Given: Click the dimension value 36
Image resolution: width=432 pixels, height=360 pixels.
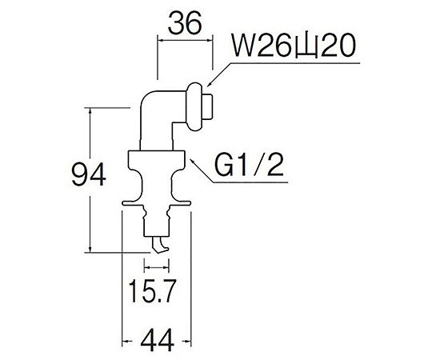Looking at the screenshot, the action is [x=185, y=23].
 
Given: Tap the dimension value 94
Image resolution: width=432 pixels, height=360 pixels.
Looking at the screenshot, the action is [x=89, y=174].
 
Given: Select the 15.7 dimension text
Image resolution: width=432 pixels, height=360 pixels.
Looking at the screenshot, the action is [x=152, y=291].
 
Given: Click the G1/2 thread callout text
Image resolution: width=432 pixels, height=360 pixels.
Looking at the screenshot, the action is [x=249, y=166].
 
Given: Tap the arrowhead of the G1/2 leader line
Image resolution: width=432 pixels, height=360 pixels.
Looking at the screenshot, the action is [x=192, y=161].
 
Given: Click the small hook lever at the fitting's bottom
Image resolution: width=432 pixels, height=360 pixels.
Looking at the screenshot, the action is [x=159, y=245].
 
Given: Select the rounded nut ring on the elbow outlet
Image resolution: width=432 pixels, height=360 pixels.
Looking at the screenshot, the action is [x=195, y=106].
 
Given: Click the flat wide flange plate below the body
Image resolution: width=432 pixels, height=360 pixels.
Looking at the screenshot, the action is [x=156, y=203].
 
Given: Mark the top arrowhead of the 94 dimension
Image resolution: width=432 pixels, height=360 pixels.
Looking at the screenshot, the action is [x=90, y=110].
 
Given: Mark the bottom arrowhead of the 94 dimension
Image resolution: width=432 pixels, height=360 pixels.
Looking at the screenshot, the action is [x=90, y=249].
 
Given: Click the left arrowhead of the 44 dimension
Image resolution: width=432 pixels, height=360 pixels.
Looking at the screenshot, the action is [x=126, y=342].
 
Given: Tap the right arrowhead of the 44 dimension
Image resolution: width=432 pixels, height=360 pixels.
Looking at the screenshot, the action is [x=187, y=342].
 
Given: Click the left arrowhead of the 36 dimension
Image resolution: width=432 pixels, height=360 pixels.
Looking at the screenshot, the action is [x=161, y=41].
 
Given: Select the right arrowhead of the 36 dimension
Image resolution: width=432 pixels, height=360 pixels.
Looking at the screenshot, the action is [x=209, y=41].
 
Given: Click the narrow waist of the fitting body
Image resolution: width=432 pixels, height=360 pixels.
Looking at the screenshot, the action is [x=156, y=182].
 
